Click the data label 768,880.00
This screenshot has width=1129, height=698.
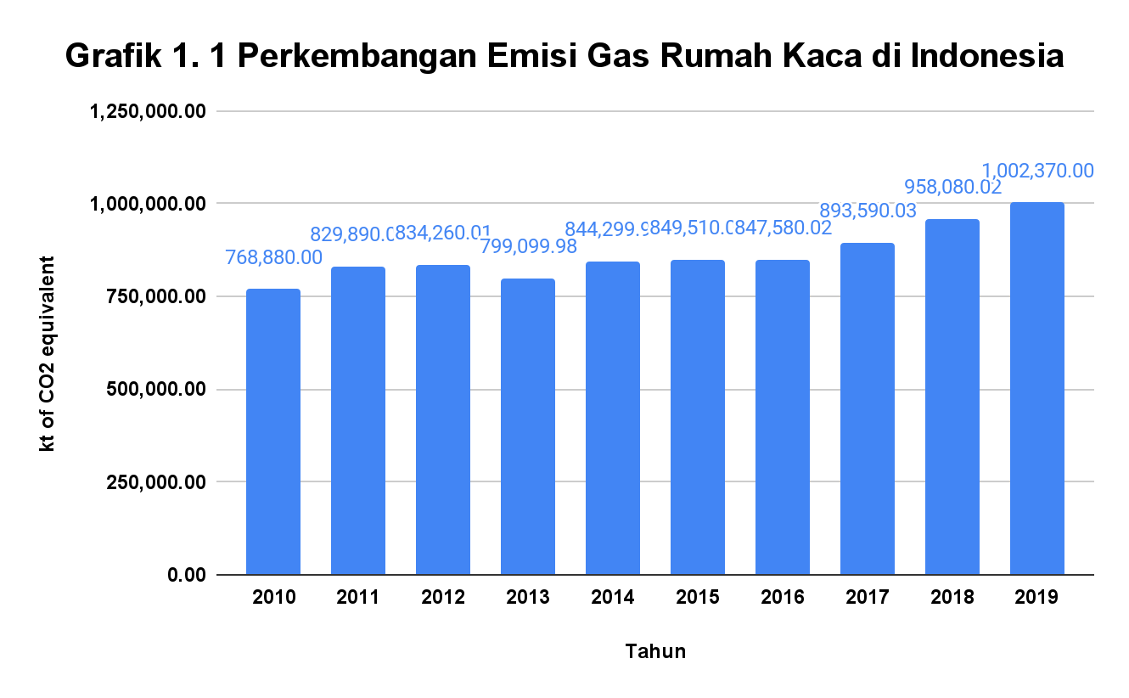tap(273, 257)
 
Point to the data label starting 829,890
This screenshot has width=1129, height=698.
tap(350, 234)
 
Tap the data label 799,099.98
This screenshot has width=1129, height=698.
tap(528, 246)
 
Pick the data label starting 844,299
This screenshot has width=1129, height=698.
tap(605, 229)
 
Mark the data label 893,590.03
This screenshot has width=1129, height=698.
tap(868, 211)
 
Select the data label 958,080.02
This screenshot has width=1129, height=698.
tap(952, 187)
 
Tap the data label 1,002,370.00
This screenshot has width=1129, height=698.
tap(1037, 171)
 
